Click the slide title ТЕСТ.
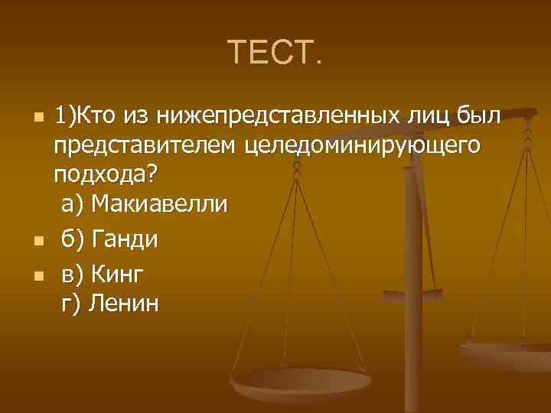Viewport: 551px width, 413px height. click(x=275, y=52)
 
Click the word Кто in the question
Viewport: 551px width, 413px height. click(x=94, y=116)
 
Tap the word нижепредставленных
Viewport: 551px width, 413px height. click(x=281, y=116)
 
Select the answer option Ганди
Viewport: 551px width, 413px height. click(x=125, y=239)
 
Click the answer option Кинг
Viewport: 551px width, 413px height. click(x=117, y=272)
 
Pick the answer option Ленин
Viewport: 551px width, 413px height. click(x=125, y=304)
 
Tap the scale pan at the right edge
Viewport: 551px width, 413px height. click(x=509, y=356)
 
